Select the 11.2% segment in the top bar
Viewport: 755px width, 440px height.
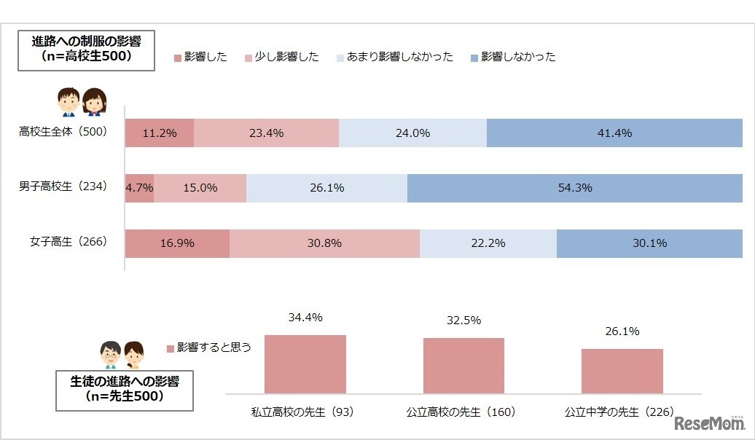coord(159,133)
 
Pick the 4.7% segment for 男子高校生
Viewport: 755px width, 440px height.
coord(139,187)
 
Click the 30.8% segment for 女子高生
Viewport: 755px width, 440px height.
coord(324,243)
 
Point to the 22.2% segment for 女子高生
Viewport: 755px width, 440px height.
coord(488,243)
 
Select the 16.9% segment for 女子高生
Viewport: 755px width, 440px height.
coord(177,243)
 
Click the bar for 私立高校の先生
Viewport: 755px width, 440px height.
coord(305,364)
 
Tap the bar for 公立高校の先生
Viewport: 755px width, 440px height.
coord(463,366)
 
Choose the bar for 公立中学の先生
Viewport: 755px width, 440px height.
coord(622,371)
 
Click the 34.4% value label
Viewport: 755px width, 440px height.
coord(305,318)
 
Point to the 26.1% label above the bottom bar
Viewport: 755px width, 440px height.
coord(622,331)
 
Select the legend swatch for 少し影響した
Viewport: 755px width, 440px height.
coord(248,57)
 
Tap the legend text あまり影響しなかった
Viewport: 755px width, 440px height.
coord(399,57)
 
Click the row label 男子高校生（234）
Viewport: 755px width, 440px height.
coord(63,186)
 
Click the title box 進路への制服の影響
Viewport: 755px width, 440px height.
coord(86,49)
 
